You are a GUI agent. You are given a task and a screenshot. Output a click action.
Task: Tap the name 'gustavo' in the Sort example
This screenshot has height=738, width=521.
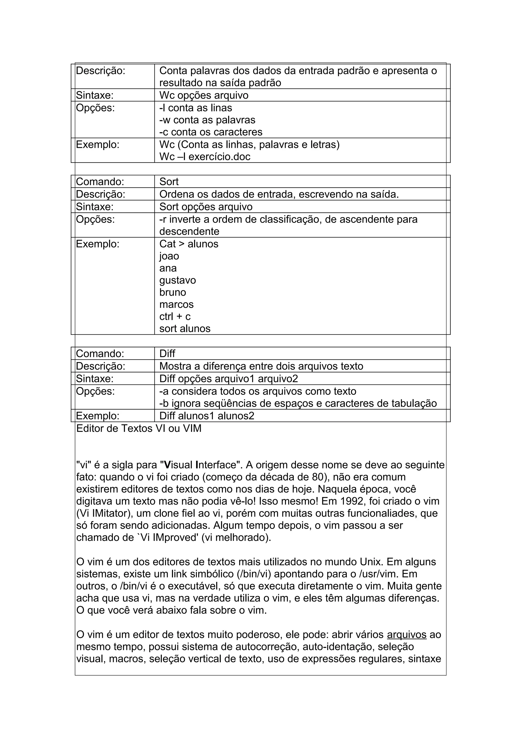[x=178, y=280]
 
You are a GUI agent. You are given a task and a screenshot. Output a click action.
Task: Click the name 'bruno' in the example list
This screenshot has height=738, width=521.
[x=173, y=292]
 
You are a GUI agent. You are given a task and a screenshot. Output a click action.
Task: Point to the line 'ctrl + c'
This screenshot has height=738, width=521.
[x=175, y=317]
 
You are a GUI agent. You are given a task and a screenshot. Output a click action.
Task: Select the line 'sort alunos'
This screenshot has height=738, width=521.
[x=185, y=329]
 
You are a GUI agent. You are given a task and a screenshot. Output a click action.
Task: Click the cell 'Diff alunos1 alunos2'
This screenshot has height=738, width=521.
[x=207, y=416]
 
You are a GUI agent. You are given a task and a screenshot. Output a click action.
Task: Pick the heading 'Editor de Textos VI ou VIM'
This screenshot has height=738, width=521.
[x=139, y=429]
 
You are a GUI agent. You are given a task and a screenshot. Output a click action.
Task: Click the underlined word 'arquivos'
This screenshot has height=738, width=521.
[x=407, y=635]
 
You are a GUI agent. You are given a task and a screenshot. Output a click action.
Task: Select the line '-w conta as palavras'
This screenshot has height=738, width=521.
[x=207, y=120]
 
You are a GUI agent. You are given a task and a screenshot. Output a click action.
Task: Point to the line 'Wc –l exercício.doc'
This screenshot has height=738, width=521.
[x=205, y=157]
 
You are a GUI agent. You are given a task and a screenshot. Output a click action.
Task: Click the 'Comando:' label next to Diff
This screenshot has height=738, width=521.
[x=100, y=353]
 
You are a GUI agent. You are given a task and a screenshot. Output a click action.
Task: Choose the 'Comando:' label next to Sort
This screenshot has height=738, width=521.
[x=100, y=182]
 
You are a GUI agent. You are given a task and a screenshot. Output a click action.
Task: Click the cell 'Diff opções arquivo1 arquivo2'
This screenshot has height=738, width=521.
[x=228, y=379]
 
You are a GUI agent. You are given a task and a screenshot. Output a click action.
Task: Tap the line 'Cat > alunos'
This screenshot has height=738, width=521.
[x=189, y=244]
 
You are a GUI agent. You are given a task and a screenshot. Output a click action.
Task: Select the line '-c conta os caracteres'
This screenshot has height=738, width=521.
[x=211, y=132]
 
